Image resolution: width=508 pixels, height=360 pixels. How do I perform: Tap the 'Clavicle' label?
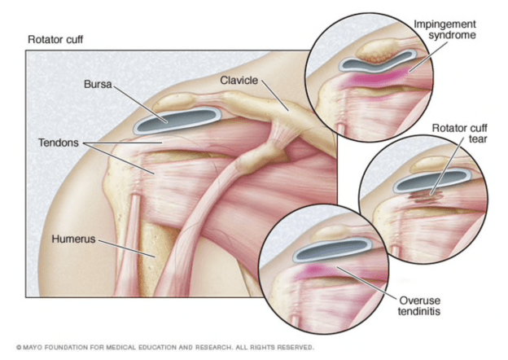point(239,80)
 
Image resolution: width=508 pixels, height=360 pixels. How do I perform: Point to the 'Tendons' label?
point(58,143)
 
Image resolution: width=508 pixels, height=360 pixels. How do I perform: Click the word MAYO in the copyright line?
point(35,347)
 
